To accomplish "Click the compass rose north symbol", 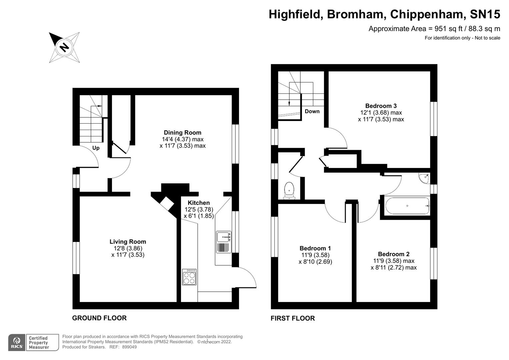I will coord(64,47).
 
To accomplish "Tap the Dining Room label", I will coord(182,132).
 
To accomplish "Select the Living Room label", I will coord(128,242).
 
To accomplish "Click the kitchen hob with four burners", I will coord(189,277).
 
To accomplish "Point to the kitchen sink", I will coord(223,237).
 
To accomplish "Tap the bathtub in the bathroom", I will coord(407,206).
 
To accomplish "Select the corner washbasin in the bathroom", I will coord(424,178).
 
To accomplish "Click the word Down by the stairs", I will coord(312,111).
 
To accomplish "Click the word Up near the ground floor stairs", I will coord(96,148).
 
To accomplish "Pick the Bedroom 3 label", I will coord(381,106).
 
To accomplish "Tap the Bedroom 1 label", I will coord(315,248).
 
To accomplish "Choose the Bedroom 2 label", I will coord(393,254).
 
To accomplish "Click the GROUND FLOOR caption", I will coord(99,318).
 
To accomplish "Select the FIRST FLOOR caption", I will coord(292,318).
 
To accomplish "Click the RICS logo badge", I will coord(17,342).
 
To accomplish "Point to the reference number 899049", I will coord(130,347).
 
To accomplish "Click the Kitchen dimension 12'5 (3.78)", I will coord(199,210).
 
